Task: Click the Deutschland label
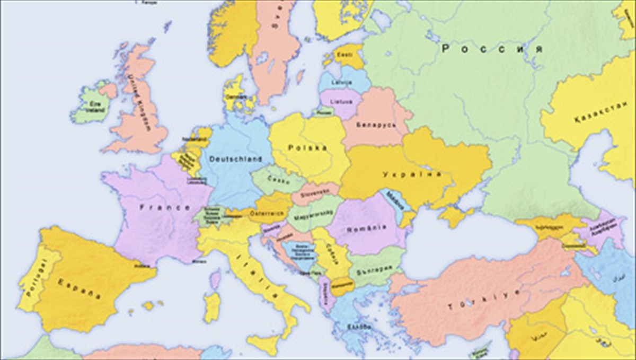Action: pos(235,159)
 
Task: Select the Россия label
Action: pos(492,49)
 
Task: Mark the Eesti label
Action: pos(346,54)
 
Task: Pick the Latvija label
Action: pos(338,83)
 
